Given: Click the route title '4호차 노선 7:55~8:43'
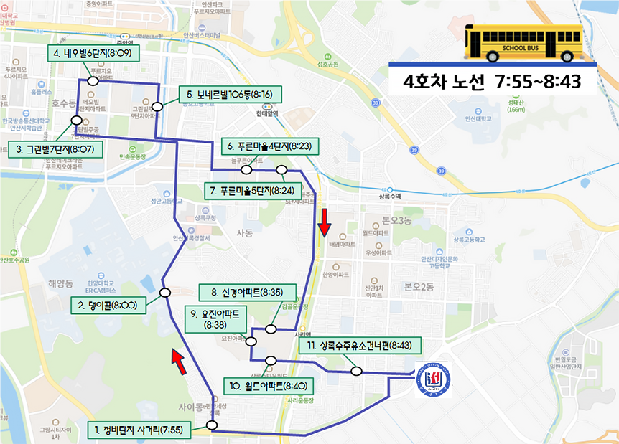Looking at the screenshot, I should [492, 81].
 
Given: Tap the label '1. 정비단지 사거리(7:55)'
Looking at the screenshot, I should [139, 430].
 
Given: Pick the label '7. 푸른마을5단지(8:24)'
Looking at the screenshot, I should [256, 191].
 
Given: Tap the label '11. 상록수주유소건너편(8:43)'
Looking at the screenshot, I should [359, 346].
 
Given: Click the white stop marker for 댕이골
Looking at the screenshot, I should [165, 293].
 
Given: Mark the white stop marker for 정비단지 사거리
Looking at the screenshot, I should [212, 425].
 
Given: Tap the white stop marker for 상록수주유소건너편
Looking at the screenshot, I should [356, 371].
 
